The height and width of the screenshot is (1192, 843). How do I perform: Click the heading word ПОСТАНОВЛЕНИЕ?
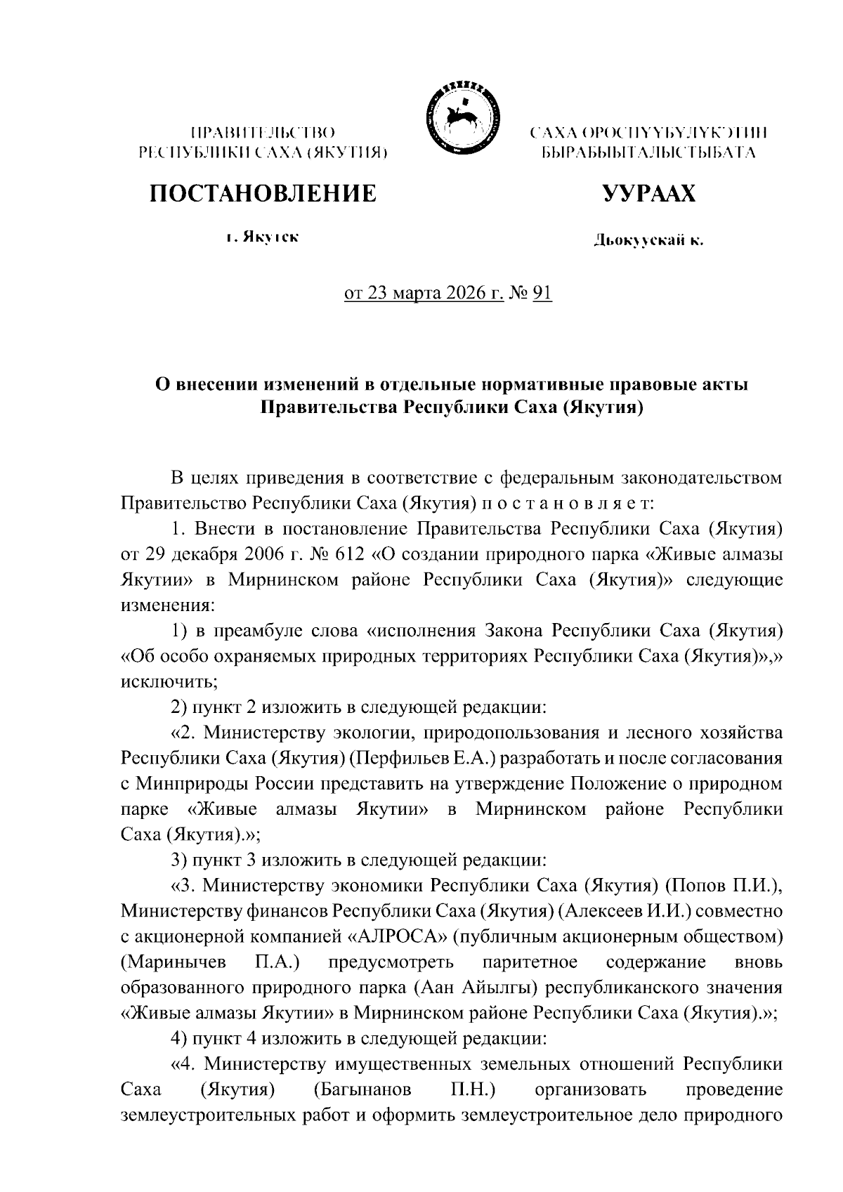pyautogui.click(x=262, y=193)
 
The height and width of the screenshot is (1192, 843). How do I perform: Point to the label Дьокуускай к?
pyautogui.click(x=648, y=241)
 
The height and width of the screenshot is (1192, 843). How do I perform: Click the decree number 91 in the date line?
pyautogui.click(x=542, y=293)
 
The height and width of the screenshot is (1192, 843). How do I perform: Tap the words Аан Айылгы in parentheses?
pyautogui.click(x=478, y=987)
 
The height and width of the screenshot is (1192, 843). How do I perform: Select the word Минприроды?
pyautogui.click(x=185, y=784)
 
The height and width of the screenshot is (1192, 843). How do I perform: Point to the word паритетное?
pyautogui.click(x=531, y=962)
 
